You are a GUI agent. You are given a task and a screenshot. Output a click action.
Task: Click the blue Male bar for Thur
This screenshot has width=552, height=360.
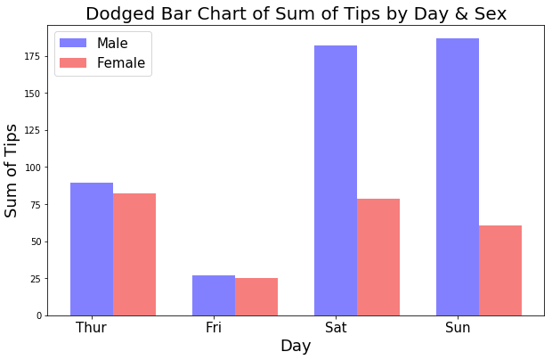[x=92, y=249]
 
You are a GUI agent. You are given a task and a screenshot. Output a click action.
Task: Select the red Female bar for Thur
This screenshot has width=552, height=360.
[x=134, y=254]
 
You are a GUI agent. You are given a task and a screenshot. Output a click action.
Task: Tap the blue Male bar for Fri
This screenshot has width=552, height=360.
[x=214, y=296]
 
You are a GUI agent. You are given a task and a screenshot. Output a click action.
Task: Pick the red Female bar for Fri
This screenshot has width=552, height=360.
[x=256, y=297]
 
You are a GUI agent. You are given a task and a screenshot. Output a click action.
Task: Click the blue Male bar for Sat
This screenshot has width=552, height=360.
[x=336, y=180]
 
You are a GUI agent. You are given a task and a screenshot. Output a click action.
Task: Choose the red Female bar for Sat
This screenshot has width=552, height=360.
[x=378, y=258]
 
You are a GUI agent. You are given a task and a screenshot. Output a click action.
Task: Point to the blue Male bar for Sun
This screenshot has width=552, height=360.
[x=458, y=176]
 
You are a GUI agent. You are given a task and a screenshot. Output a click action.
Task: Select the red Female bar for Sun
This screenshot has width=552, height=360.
[x=500, y=271]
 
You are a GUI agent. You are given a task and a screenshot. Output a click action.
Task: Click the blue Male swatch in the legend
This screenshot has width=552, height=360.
[x=73, y=43]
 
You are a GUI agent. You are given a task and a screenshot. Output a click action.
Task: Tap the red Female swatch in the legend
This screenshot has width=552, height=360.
[x=73, y=62]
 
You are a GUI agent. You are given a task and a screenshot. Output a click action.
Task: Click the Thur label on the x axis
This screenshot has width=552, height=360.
[x=91, y=328]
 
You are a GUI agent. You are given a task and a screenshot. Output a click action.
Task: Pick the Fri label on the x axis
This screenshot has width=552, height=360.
[x=214, y=328]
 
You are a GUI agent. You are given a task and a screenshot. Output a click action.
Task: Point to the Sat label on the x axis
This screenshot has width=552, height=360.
[x=336, y=328]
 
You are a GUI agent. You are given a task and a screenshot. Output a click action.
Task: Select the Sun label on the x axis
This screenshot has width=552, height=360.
[x=458, y=328]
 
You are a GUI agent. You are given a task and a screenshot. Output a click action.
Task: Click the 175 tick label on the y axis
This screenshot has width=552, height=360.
[x=32, y=56]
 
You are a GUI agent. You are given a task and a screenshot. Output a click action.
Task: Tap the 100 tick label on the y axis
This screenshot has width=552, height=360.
[x=32, y=168]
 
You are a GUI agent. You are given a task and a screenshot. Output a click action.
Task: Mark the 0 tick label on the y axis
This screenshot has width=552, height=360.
[x=39, y=316]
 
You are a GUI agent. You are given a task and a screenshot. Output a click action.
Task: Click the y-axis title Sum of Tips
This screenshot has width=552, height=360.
[x=11, y=171]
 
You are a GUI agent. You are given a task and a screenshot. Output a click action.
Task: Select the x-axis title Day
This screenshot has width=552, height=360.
[x=296, y=346]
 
